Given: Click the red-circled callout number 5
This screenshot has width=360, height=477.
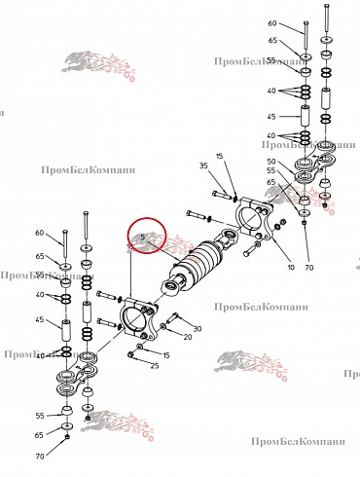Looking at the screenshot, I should point(142,237).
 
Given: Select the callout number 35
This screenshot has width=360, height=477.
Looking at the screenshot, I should point(202,166).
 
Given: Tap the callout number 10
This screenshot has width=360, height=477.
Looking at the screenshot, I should point(291,267).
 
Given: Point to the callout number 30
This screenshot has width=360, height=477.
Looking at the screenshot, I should point(198,329).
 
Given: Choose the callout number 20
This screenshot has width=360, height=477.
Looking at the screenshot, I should point(188,338).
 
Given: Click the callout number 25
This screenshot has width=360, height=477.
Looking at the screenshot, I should point(154,365).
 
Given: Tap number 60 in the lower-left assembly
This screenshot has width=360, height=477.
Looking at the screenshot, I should point(40,233).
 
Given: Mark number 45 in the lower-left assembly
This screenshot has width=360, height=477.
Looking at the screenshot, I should point(40,319).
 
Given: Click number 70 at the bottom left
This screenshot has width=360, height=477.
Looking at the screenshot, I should point(40,456).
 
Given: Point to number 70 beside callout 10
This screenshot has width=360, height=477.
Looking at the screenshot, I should point(309,267).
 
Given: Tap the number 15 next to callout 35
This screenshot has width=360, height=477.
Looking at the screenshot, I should point(220,156).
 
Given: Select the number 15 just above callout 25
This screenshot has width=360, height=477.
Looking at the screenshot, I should point(164,355).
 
